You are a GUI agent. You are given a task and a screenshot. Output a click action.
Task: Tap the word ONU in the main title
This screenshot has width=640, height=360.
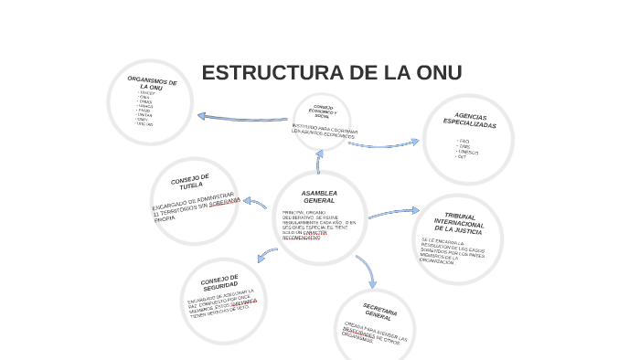(434, 73)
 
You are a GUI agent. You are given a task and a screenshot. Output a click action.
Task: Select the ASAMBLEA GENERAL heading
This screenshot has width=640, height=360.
(319, 196)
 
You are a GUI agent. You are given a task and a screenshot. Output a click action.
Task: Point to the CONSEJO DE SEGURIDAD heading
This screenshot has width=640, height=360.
(219, 281)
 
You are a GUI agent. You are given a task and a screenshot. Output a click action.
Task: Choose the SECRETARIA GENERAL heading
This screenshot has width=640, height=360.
(379, 312)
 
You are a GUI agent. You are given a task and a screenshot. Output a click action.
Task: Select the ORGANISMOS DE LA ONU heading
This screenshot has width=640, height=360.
(151, 85)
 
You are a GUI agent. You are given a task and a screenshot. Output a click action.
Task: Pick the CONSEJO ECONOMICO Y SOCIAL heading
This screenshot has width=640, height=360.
(322, 111)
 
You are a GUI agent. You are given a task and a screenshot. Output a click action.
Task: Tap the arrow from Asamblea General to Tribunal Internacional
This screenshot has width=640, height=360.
(393, 213)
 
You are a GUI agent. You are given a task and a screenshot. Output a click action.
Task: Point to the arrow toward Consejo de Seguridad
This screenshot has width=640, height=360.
(266, 254)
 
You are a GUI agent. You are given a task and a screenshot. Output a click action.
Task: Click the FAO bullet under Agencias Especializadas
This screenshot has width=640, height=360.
(464, 141)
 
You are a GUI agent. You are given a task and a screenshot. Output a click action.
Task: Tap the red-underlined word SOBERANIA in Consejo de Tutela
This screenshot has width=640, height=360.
(225, 203)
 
